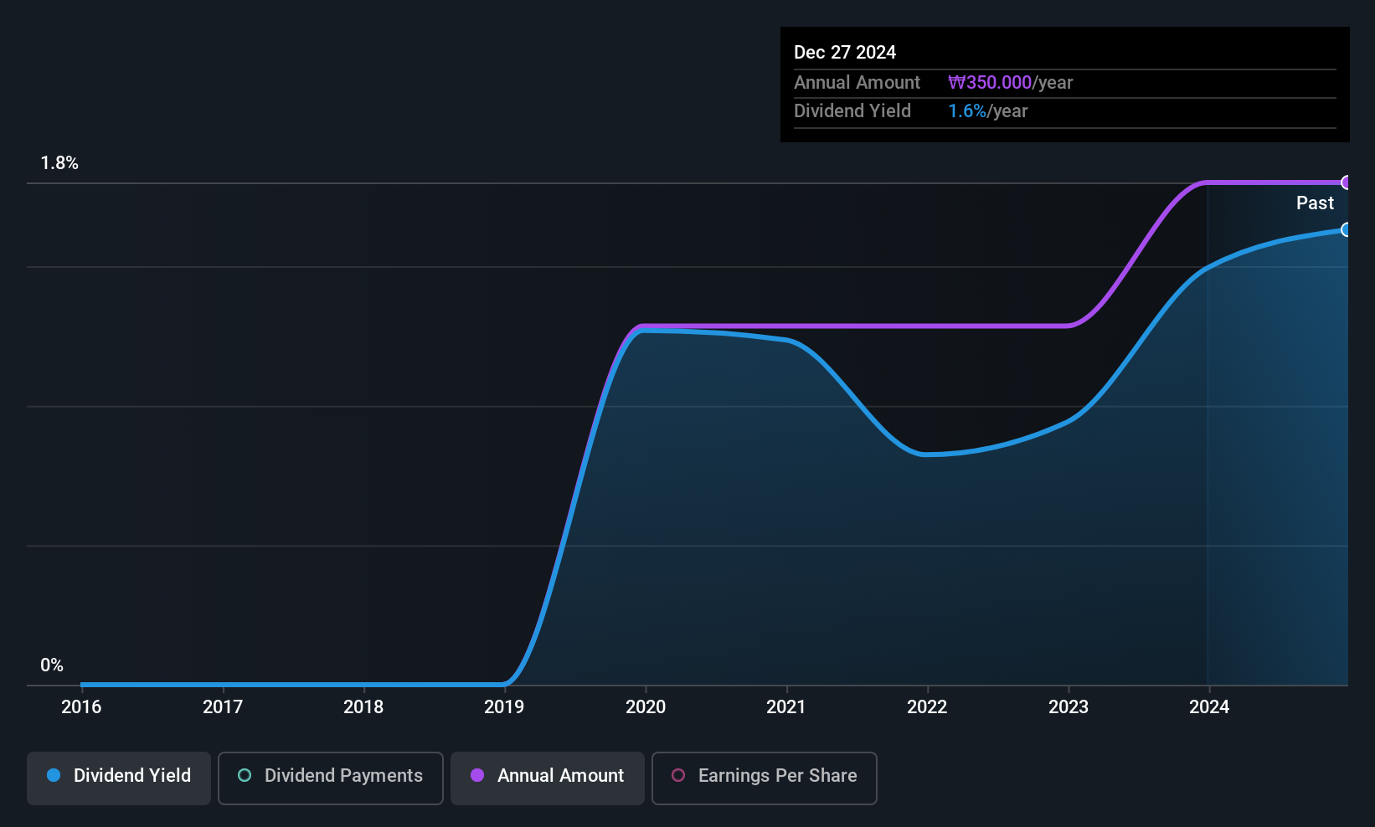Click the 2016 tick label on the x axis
[81, 706]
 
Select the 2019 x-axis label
[504, 706]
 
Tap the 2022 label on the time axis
[927, 706]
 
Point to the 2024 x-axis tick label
[1209, 706]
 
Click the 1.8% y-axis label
[59, 163]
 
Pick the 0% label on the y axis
[52, 665]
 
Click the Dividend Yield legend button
[118, 778]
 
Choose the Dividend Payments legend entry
[330, 778]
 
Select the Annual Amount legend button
[548, 778]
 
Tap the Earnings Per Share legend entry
[765, 778]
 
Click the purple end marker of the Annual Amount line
[1346, 182]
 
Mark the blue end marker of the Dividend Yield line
[1346, 230]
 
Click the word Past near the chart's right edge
[1315, 203]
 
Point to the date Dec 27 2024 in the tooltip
[845, 53]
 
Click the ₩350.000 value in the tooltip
[990, 82]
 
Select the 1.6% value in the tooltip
[967, 111]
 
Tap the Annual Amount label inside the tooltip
[857, 82]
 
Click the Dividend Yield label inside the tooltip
[852, 111]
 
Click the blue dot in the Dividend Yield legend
[54, 775]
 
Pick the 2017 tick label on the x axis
[222, 706]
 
